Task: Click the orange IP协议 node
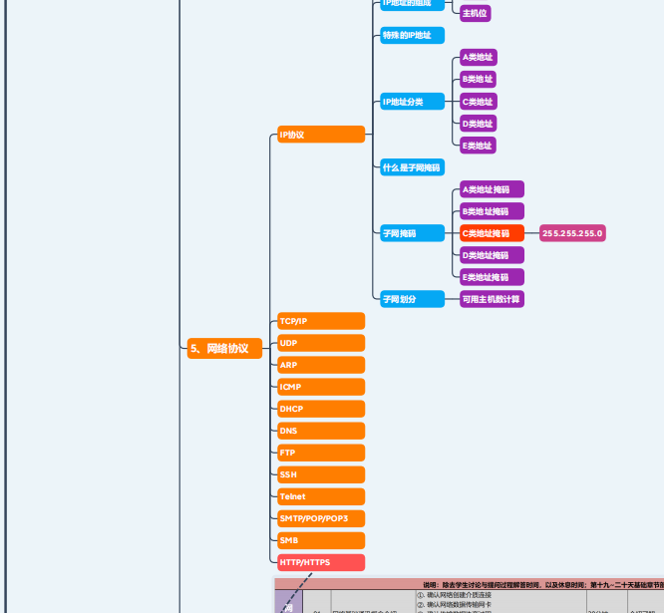320,135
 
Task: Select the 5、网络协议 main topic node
224,348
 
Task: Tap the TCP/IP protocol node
320,321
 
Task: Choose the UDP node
320,343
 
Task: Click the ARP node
320,365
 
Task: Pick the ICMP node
320,387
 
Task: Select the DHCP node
320,409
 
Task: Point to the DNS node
320,431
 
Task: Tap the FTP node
320,453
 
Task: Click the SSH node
320,474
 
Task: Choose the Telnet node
320,496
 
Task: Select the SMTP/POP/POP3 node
320,518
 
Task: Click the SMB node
320,540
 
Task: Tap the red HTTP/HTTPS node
320,562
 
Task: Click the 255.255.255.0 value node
572,233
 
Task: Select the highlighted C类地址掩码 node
491,233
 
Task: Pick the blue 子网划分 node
411,298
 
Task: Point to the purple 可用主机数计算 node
491,298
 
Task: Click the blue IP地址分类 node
411,102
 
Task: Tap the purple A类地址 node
477,58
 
